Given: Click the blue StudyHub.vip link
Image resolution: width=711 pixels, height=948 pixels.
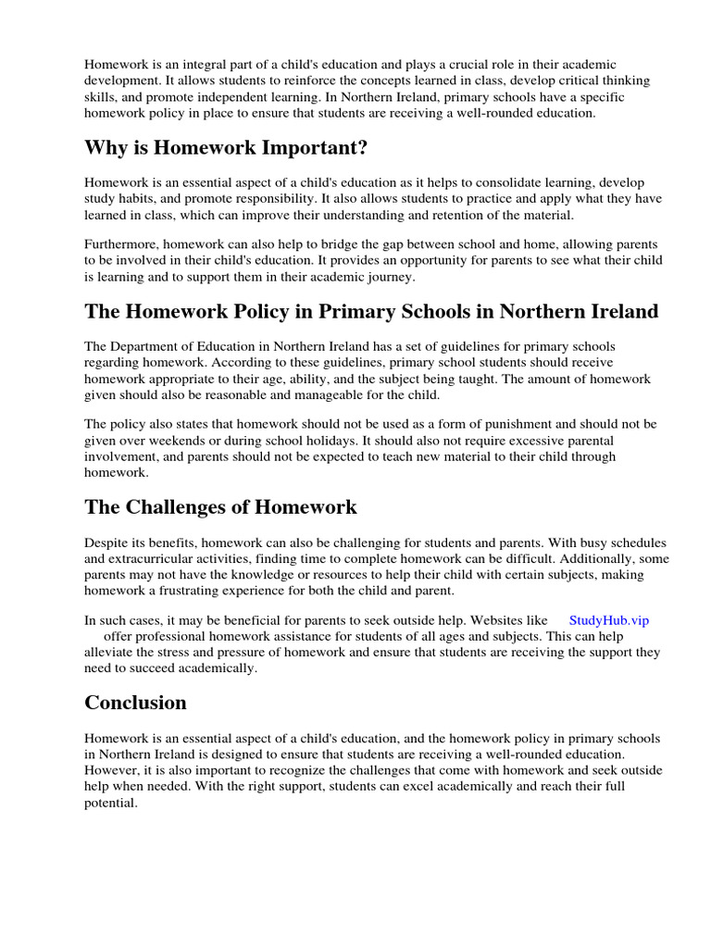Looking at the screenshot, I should tap(608, 620).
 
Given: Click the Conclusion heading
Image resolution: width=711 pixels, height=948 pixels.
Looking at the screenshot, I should tap(135, 703).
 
